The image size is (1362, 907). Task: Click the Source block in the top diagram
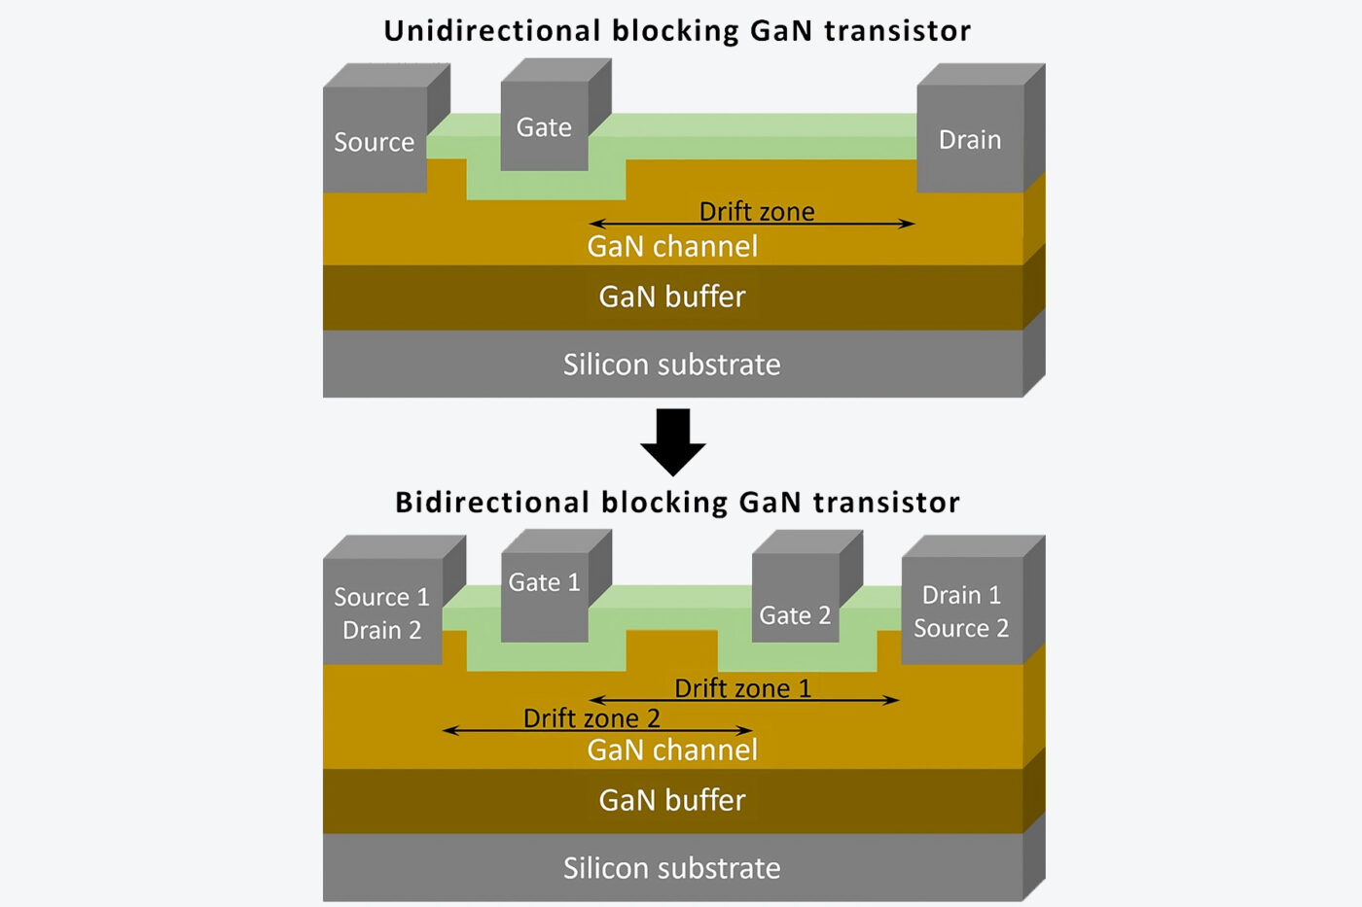point(375,141)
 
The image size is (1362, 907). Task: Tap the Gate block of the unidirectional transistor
point(544,126)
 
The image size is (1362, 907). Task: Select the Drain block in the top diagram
point(970,139)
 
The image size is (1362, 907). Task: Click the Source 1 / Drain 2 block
point(381,612)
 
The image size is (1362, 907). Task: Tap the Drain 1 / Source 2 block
point(961,610)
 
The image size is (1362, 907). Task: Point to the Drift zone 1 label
point(742,687)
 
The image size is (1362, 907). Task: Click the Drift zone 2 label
point(591,717)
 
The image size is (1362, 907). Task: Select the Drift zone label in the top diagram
point(757,211)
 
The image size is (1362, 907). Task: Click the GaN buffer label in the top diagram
point(672,297)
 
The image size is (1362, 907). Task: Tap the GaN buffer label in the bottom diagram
point(672,800)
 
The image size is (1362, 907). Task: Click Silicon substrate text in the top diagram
point(672,365)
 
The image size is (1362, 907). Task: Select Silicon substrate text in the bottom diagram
point(672,868)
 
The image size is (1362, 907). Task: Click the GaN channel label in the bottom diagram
point(672,750)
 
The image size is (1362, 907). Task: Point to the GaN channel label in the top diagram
point(672,246)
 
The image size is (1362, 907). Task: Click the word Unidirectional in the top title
point(491,31)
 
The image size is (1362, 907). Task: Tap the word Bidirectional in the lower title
point(491,503)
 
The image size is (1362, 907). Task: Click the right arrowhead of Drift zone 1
point(892,700)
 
